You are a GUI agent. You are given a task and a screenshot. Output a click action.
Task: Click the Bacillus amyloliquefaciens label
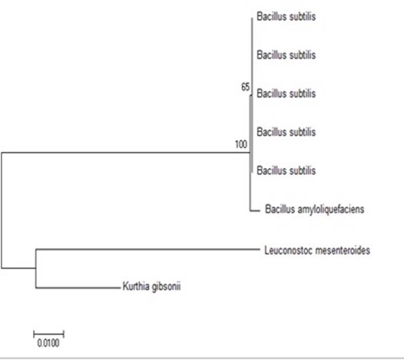click(315, 209)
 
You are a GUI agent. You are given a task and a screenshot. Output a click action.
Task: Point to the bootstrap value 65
click(245, 87)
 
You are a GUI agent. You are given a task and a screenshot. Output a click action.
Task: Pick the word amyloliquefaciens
click(331, 209)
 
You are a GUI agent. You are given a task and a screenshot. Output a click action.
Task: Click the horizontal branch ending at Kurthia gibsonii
click(76, 287)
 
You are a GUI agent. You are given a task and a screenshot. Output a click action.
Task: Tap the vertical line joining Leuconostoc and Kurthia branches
click(36, 268)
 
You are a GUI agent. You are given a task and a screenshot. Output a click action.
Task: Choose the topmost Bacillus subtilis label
click(286, 17)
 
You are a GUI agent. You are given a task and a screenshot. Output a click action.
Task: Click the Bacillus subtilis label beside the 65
click(286, 94)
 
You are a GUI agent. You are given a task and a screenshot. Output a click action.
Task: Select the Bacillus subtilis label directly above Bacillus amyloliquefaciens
click(286, 171)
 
